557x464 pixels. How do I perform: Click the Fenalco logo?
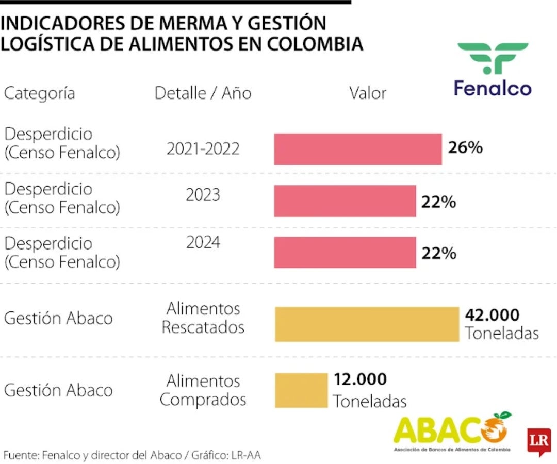coord(493,70)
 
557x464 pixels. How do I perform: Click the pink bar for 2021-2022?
coord(357,149)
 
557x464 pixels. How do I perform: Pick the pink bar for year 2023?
coord(345,201)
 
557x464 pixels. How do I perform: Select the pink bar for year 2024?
coord(345,253)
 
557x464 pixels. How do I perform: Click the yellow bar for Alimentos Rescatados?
coord(367,324)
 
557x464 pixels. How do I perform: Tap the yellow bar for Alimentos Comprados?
coord(301,390)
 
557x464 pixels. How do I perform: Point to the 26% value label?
coord(465,148)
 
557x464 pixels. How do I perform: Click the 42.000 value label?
coord(492,314)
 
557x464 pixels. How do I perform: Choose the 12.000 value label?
coord(360,379)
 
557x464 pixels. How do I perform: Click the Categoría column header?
coord(40,93)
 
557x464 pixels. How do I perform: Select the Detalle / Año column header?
coord(203,93)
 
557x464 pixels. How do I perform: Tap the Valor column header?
coord(367,93)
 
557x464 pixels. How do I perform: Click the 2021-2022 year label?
coord(203,148)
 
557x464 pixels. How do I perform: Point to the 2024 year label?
coord(203,242)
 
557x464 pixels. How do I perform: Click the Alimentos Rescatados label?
coord(203,318)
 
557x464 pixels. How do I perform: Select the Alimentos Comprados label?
coord(203,390)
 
